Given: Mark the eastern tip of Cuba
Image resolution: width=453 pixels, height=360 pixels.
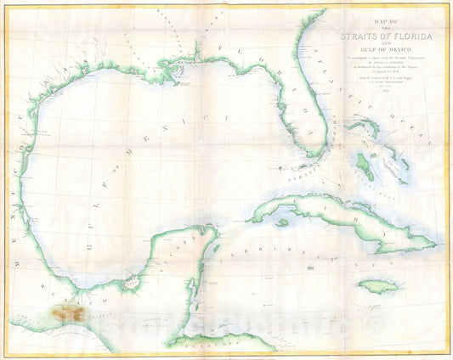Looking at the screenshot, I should pos(439,245).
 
